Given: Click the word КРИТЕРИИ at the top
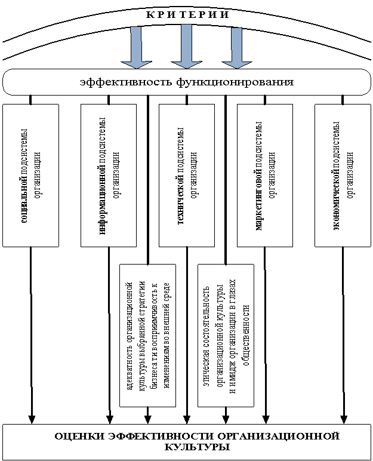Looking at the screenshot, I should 186,14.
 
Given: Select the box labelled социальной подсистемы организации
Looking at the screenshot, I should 31,175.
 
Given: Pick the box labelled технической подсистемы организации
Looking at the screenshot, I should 186,175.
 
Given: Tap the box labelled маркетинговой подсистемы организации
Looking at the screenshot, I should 264,175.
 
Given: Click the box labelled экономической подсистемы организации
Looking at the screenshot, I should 343,175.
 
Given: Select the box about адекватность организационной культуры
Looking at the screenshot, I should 147,334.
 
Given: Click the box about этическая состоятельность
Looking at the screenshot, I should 225,334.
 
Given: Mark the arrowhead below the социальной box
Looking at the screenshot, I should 32,418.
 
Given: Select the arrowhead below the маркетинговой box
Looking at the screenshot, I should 266,418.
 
